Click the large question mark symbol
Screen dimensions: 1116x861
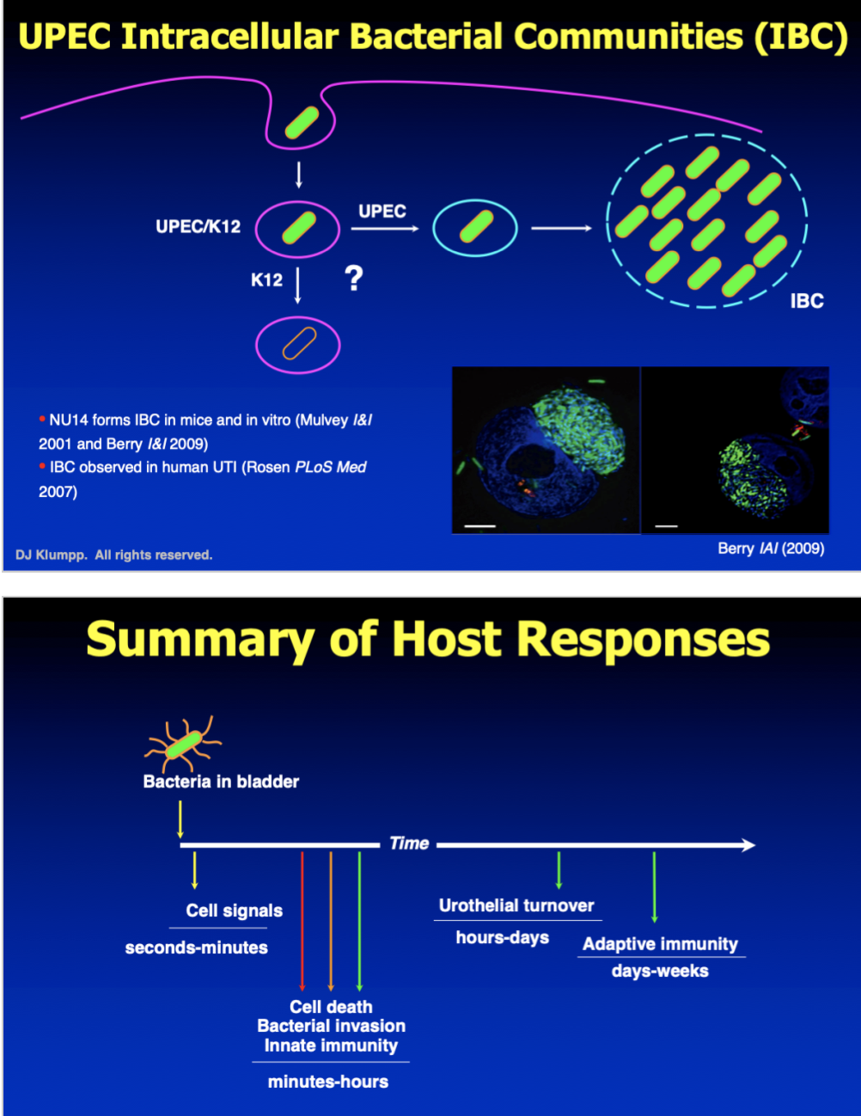point(353,279)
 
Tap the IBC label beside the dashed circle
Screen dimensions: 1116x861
point(806,301)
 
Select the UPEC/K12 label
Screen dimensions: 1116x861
point(198,226)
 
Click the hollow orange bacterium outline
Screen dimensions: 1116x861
point(298,345)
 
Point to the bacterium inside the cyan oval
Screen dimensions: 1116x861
point(475,228)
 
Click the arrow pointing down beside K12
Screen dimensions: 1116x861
point(297,285)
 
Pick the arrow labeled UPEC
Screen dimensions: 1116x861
point(383,229)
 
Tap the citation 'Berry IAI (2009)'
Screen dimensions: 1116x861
point(770,549)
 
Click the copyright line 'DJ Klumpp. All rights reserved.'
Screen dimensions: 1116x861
point(113,555)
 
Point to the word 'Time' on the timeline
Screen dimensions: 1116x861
point(409,843)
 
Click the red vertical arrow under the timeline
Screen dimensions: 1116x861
point(302,920)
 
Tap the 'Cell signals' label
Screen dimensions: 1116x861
point(234,911)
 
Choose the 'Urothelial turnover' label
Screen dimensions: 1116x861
point(516,905)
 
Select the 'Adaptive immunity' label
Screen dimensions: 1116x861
point(660,944)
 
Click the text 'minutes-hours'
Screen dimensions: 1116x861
point(328,1082)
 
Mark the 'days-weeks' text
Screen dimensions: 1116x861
point(660,971)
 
